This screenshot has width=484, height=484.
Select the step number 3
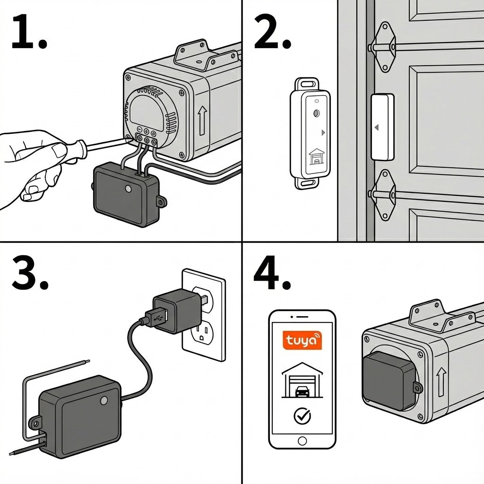point(29,274)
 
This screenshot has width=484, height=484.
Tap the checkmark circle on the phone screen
point(302,415)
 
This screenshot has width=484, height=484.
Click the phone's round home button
point(302,441)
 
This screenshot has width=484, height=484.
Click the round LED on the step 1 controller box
point(128,189)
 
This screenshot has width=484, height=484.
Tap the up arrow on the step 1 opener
point(202,120)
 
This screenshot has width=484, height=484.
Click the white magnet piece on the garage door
point(382,127)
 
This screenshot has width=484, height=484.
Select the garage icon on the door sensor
point(316,156)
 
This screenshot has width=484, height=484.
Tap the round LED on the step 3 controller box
point(104,401)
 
